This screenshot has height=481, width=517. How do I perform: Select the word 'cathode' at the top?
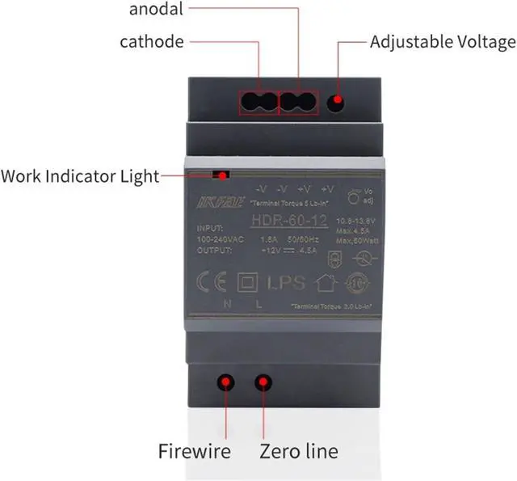[152, 41]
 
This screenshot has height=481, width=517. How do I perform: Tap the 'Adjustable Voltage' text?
[442, 41]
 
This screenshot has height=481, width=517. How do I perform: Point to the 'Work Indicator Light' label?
[80, 175]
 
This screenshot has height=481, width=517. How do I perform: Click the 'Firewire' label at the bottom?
[195, 450]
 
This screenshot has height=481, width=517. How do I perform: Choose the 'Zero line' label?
[298, 450]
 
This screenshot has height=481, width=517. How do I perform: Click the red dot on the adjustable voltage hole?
[336, 103]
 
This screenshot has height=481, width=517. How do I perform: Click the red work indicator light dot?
[220, 174]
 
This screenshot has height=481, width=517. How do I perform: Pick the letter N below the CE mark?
[227, 304]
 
